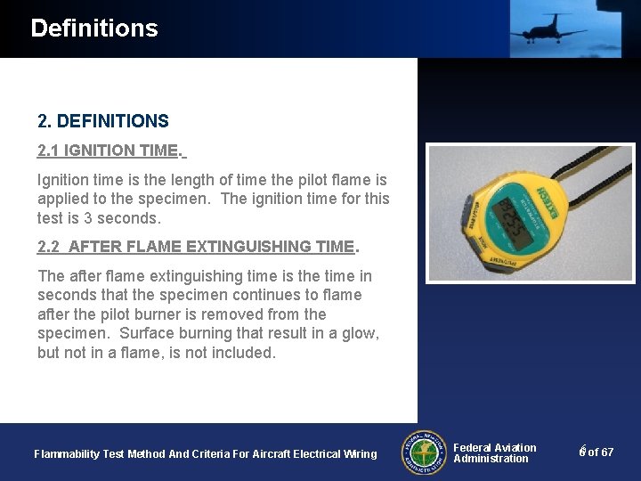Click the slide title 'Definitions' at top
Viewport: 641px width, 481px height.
point(93,29)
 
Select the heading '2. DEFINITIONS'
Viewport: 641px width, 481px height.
point(102,121)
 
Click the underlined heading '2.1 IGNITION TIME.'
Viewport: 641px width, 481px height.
point(110,151)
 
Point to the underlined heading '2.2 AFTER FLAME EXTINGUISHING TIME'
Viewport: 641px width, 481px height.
point(197,247)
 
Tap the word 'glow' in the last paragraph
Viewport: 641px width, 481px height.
point(360,333)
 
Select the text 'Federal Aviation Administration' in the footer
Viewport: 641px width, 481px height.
point(494,453)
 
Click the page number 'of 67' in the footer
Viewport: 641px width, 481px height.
point(600,452)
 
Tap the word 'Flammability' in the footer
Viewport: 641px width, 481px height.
point(66,454)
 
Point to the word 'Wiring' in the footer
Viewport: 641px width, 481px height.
point(359,454)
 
